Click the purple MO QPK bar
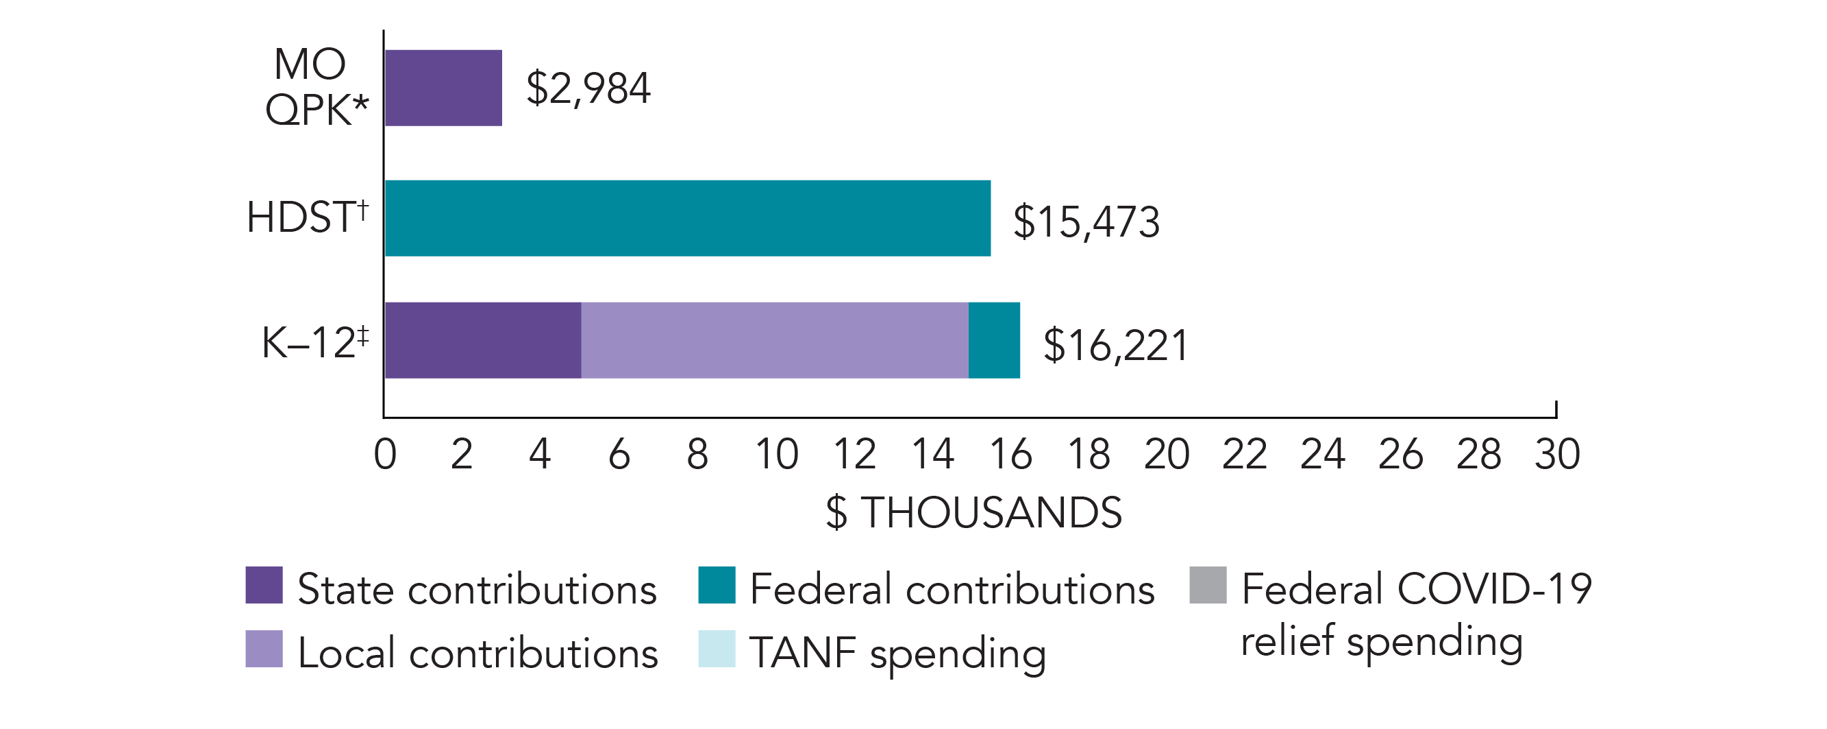(443, 88)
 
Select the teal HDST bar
(687, 218)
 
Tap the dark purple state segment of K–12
(483, 340)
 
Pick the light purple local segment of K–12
(775, 340)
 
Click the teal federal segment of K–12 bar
(993, 340)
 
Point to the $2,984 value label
(588, 89)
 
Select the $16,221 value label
(1115, 345)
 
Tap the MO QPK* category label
(316, 86)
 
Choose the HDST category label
(307, 217)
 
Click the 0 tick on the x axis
(384, 454)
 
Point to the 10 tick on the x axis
(777, 454)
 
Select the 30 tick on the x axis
(1557, 454)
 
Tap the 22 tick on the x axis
(1245, 454)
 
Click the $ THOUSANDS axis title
(974, 512)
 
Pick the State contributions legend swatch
(264, 585)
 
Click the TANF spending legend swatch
(717, 649)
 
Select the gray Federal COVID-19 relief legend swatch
(1208, 585)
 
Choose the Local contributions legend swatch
(264, 649)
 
